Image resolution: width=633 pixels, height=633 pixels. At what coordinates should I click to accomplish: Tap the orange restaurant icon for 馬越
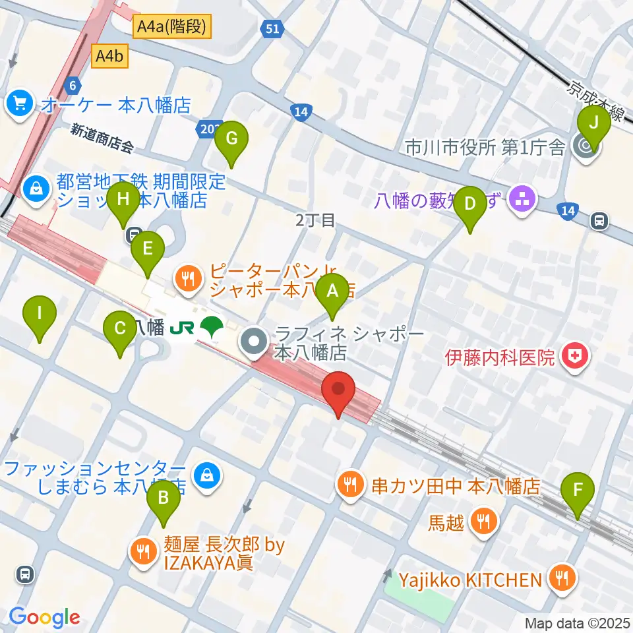pos(483,522)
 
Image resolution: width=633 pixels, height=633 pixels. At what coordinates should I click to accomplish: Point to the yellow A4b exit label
pos(109,56)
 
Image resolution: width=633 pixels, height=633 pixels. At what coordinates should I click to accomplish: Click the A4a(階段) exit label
pos(173,26)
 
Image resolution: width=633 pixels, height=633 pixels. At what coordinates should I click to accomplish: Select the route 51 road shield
pos(272,28)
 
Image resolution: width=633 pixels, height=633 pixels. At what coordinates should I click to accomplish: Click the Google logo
pos(44,617)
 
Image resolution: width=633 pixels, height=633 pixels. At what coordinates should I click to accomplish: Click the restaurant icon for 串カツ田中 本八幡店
pos(349,486)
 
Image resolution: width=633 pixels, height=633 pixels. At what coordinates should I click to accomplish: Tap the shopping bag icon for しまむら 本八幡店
pos(206,474)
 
